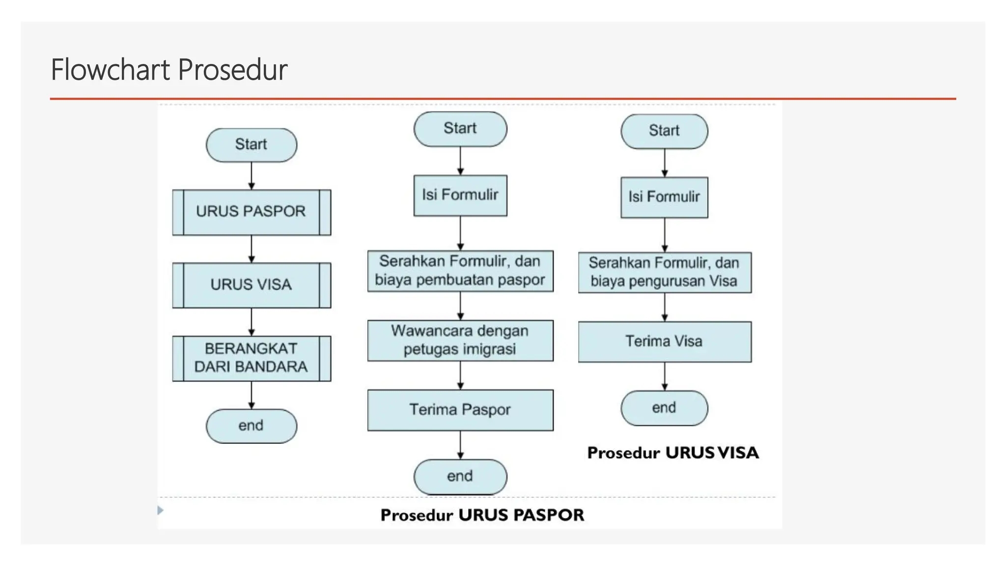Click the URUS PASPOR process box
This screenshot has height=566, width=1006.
pos(251,212)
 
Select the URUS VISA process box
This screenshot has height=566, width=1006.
pos(251,285)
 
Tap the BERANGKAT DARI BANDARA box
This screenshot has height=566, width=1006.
pos(251,358)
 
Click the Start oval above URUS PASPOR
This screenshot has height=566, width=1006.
pos(251,145)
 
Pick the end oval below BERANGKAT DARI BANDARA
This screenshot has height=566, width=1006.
pos(251,426)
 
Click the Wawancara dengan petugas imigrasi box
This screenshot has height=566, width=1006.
pos(460,340)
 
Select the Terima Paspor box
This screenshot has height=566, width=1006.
pos(460,410)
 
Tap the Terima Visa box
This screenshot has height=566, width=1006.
pos(664,342)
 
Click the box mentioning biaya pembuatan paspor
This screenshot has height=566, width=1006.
pos(460,271)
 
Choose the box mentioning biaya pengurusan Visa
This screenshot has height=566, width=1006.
pos(664,272)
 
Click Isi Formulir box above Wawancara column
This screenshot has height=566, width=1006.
pos(460,195)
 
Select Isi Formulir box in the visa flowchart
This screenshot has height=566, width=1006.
pos(664,197)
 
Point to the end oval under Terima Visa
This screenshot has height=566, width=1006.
pos(664,408)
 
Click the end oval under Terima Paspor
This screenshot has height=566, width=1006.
pos(460,477)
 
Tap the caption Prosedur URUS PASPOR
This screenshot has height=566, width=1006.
pos(482,515)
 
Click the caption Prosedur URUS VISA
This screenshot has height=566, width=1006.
pos(672,453)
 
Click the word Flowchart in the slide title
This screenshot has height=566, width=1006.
pos(111,69)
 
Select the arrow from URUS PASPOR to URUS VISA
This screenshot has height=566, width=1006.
pos(251,249)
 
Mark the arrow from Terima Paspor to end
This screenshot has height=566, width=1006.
pos(460,445)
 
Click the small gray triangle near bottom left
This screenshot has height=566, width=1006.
pos(160,510)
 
